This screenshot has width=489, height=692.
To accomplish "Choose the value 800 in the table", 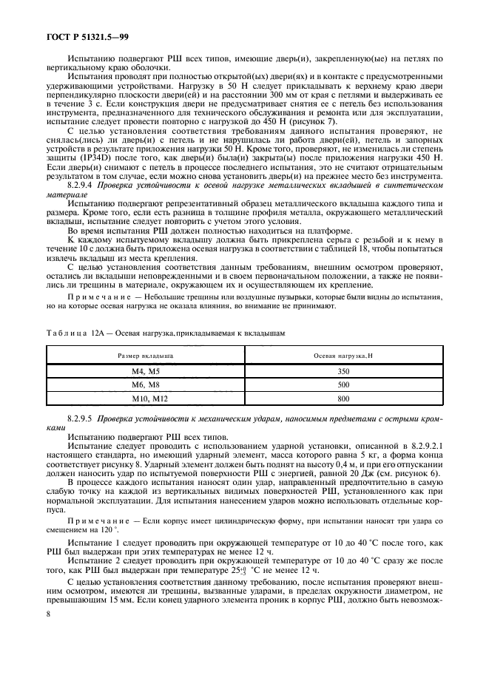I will click(x=343, y=398).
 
